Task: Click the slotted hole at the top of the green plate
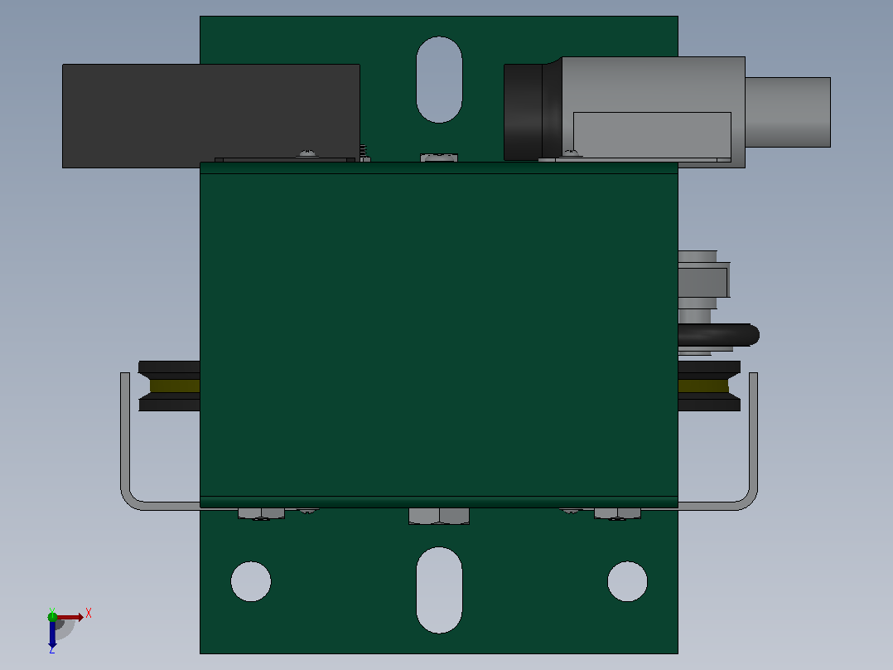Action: pos(439,80)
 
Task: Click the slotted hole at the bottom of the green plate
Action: pos(439,590)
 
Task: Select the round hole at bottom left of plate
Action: pos(250,581)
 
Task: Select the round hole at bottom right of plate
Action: pos(628,581)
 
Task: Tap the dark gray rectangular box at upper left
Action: pos(210,116)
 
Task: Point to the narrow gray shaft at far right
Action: pos(788,112)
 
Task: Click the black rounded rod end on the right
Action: pos(719,335)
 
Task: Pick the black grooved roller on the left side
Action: pos(169,386)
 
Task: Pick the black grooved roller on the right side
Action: pos(709,386)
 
